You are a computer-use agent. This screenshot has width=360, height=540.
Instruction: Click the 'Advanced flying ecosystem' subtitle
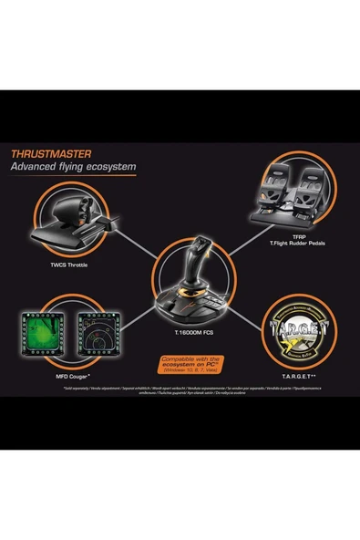pyautogui.click(x=72, y=168)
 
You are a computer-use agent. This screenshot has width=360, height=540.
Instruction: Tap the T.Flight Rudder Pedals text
pyautogui.click(x=297, y=244)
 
